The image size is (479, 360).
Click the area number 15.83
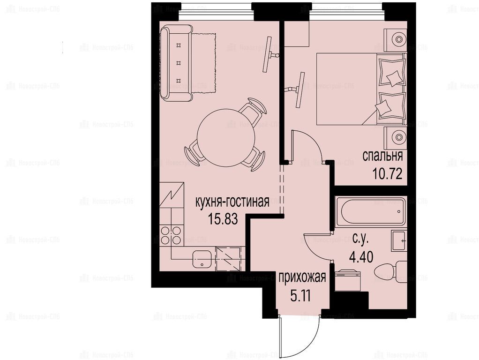(222, 218)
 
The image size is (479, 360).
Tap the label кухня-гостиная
(232, 202)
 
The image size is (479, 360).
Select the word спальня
(382, 156)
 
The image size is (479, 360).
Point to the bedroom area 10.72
(387, 174)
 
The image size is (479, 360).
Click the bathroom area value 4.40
(361, 257)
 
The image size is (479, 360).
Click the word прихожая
(303, 278)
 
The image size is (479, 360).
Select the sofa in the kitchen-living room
(176, 63)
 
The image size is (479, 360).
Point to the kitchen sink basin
(202, 259)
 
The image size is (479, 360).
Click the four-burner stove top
(171, 235)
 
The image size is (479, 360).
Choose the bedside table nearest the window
(396, 40)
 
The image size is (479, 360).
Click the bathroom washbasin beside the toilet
(399, 241)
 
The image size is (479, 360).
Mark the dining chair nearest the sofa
(253, 109)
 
